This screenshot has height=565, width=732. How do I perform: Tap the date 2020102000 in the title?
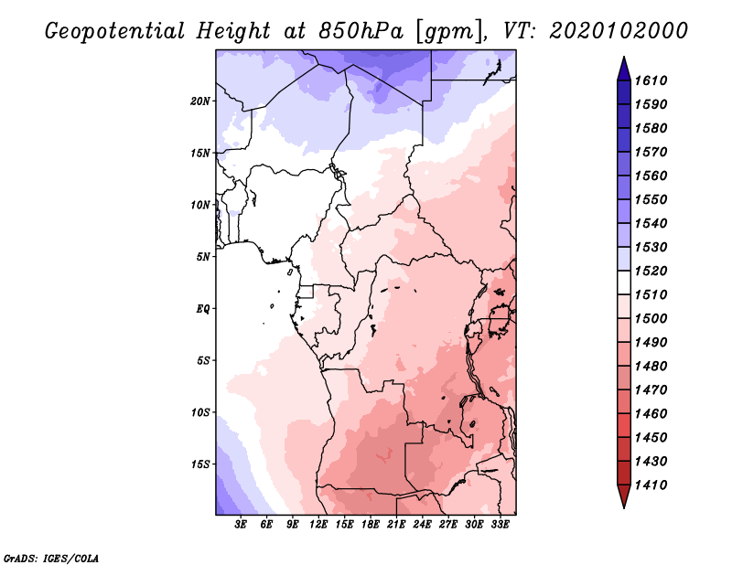[x=619, y=31]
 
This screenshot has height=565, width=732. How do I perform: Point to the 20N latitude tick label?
[x=200, y=101]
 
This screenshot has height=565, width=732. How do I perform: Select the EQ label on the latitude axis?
[x=203, y=308]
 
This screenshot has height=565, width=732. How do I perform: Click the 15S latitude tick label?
[x=200, y=464]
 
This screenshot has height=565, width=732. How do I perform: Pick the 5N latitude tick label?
[x=203, y=257]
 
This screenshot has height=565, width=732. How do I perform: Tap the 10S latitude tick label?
[x=200, y=412]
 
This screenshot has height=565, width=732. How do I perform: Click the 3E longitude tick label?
[x=242, y=526]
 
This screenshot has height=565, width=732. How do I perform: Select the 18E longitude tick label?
[x=371, y=526]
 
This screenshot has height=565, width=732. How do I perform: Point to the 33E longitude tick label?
[x=501, y=526]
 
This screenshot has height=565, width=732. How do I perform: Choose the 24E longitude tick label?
[x=423, y=526]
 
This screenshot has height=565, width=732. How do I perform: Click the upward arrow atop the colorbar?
[x=623, y=68]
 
